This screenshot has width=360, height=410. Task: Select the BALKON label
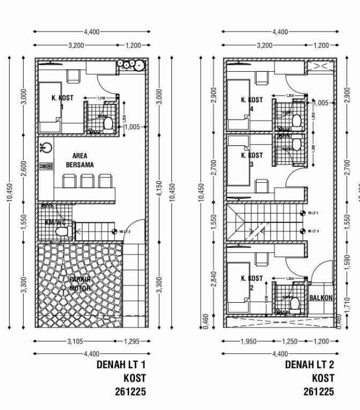[x=321, y=298]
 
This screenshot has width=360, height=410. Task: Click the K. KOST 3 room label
[x=252, y=159]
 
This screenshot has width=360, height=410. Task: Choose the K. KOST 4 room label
[x=252, y=104]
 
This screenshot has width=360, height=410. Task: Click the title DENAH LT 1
[x=122, y=365]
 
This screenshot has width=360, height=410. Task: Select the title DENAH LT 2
[x=310, y=365]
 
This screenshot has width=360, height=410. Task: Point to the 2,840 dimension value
[x=213, y=279]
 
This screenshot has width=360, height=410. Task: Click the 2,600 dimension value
[x=23, y=170]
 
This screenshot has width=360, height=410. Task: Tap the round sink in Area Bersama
[x=46, y=147]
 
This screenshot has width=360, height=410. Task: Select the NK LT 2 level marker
[x=115, y=232]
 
